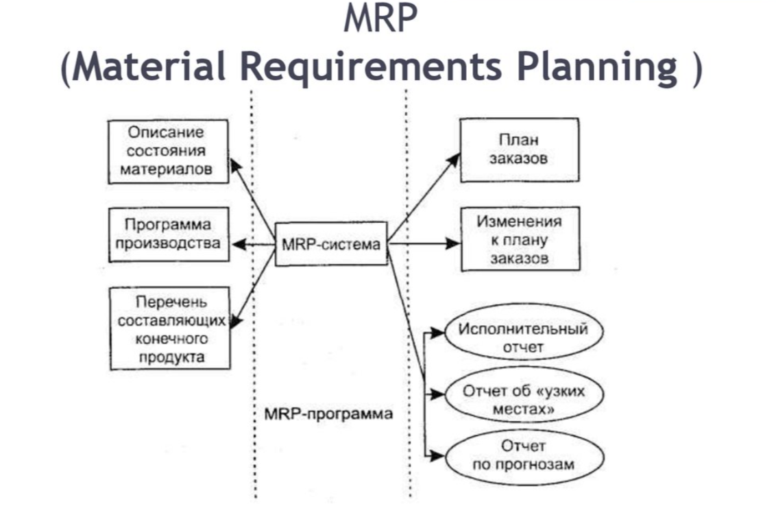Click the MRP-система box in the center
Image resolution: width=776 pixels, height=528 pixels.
(x=330, y=244)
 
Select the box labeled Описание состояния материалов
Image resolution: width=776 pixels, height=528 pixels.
(x=167, y=152)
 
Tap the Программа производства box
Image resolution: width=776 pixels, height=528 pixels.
(x=167, y=235)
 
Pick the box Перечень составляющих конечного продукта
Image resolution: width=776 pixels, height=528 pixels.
(x=169, y=329)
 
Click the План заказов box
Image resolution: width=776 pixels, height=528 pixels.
(x=518, y=149)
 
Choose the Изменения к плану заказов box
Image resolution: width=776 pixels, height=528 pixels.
(x=518, y=240)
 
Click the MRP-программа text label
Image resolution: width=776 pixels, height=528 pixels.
(x=328, y=414)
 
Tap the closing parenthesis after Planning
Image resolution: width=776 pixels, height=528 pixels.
(x=695, y=68)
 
